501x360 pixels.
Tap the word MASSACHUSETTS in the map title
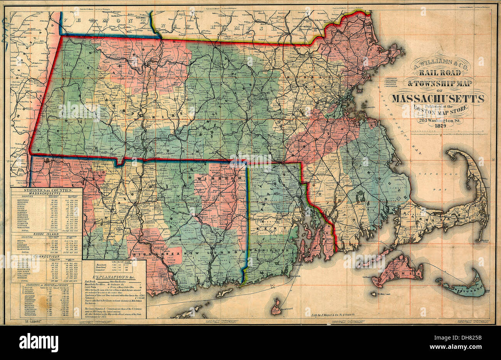click(438, 99)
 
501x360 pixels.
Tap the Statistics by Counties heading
click(47, 190)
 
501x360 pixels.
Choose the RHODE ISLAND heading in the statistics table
click(46, 233)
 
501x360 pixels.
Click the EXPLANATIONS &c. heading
click(115, 277)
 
